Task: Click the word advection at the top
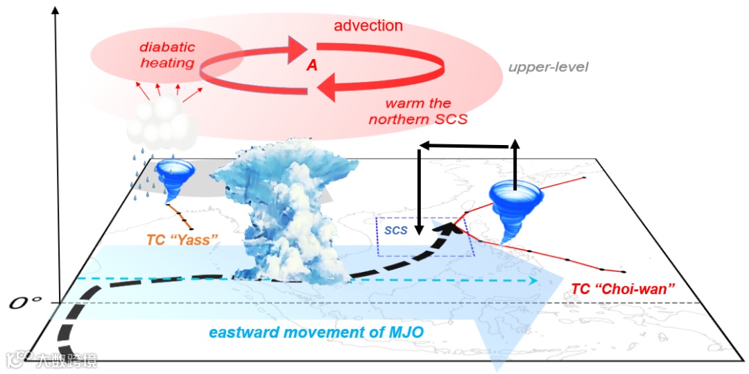368,26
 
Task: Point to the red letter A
312,65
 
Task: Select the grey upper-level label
548,67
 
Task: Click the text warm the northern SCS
418,111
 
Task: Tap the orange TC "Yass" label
182,240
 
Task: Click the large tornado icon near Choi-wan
515,208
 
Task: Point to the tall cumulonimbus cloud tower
288,215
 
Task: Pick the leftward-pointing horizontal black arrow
465,146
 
